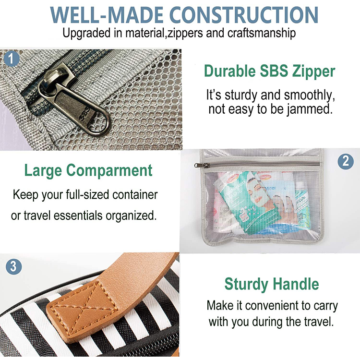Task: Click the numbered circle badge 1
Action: [x=11, y=59]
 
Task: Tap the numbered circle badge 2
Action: [x=346, y=162]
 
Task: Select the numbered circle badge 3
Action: [x=13, y=267]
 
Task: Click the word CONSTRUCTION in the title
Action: [x=244, y=15]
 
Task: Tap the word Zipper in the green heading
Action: [x=313, y=72]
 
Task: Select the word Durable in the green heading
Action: [x=230, y=71]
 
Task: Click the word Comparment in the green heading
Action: [x=109, y=171]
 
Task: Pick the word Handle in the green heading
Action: [x=296, y=284]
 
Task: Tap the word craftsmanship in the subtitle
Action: [x=262, y=33]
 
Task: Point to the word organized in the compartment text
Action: [x=131, y=216]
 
